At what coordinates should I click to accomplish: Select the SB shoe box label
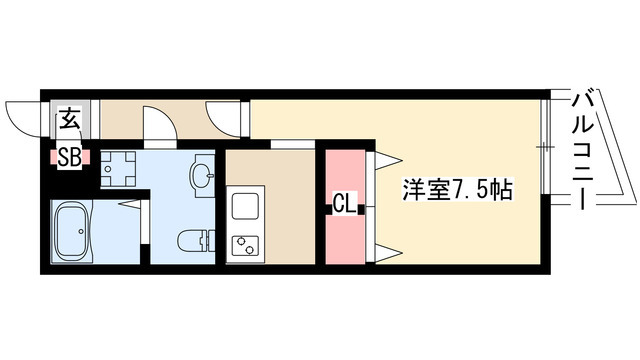(x=68, y=157)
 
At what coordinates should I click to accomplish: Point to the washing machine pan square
(x=119, y=166)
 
